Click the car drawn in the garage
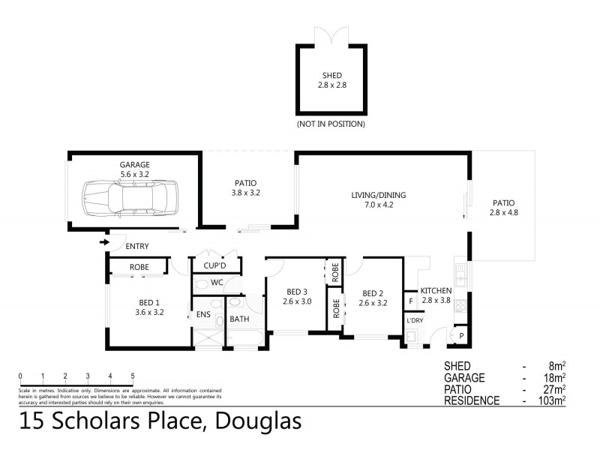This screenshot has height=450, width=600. [129, 198]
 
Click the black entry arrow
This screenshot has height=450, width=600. [103, 241]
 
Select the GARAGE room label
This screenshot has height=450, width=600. [135, 164]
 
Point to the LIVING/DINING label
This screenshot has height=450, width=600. [373, 194]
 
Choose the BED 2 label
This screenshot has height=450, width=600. [373, 293]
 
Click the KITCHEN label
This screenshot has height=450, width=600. [436, 290]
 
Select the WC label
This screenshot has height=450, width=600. [217, 283]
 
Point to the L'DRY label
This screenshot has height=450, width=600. [415, 321]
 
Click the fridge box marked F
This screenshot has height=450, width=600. [410, 301]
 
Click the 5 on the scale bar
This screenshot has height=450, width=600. [133, 376]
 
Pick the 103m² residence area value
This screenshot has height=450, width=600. [551, 400]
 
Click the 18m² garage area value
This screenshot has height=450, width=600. [554, 377]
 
